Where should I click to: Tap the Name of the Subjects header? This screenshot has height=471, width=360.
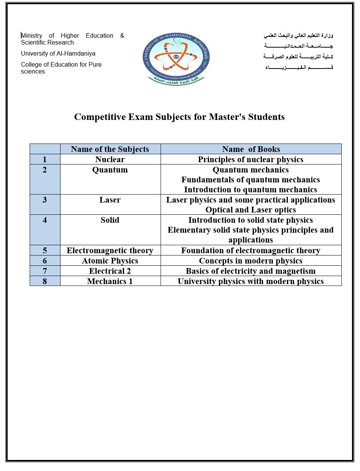tap(110, 149)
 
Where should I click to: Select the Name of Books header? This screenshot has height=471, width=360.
tap(251, 149)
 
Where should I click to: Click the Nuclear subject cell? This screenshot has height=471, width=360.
tap(110, 159)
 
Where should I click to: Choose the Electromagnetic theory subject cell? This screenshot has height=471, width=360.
tap(110, 250)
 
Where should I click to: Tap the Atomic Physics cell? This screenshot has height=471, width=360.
tap(110, 260)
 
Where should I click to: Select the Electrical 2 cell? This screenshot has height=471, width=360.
tap(110, 271)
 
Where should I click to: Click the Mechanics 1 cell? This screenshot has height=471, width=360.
tap(110, 281)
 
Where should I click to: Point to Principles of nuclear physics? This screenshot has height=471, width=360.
tap(251, 159)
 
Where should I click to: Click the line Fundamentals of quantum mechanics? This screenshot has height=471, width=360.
tap(251, 179)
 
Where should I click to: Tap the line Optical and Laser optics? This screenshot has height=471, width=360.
tap(251, 209)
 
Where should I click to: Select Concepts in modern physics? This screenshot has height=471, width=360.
tap(251, 260)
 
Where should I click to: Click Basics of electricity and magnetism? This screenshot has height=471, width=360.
tap(251, 271)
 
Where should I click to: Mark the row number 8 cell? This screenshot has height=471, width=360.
tap(45, 281)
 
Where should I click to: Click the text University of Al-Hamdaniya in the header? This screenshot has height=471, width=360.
tap(58, 54)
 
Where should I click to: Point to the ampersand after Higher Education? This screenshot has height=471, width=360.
tap(122, 36)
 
